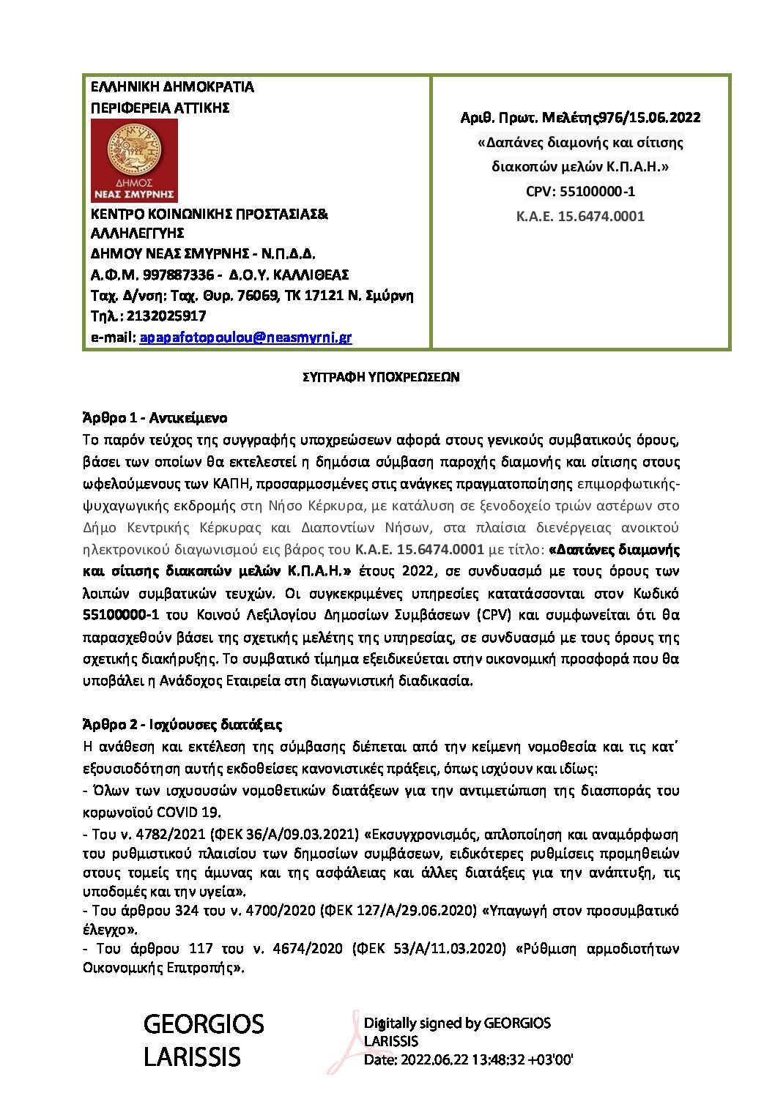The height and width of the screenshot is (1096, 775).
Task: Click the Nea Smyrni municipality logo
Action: point(134,160)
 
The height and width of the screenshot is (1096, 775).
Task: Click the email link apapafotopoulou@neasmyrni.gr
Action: point(245,338)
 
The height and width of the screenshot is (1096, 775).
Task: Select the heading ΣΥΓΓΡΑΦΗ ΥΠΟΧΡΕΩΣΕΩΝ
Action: point(381,378)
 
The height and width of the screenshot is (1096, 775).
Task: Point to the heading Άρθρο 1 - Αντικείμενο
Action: point(155,418)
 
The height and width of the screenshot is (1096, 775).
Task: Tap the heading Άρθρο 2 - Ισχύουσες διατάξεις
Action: point(182,725)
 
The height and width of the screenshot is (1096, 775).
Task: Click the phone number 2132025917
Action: point(166,316)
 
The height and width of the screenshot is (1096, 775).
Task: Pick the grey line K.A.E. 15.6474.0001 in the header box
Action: point(580,216)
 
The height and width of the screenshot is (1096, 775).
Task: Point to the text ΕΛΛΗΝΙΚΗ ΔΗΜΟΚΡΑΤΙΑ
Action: point(172,87)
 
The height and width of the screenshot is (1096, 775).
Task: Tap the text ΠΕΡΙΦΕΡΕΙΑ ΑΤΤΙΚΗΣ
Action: point(160,108)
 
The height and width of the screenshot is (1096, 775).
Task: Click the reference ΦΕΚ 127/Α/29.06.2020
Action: point(401,911)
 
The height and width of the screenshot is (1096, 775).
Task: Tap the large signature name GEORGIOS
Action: point(204,1024)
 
